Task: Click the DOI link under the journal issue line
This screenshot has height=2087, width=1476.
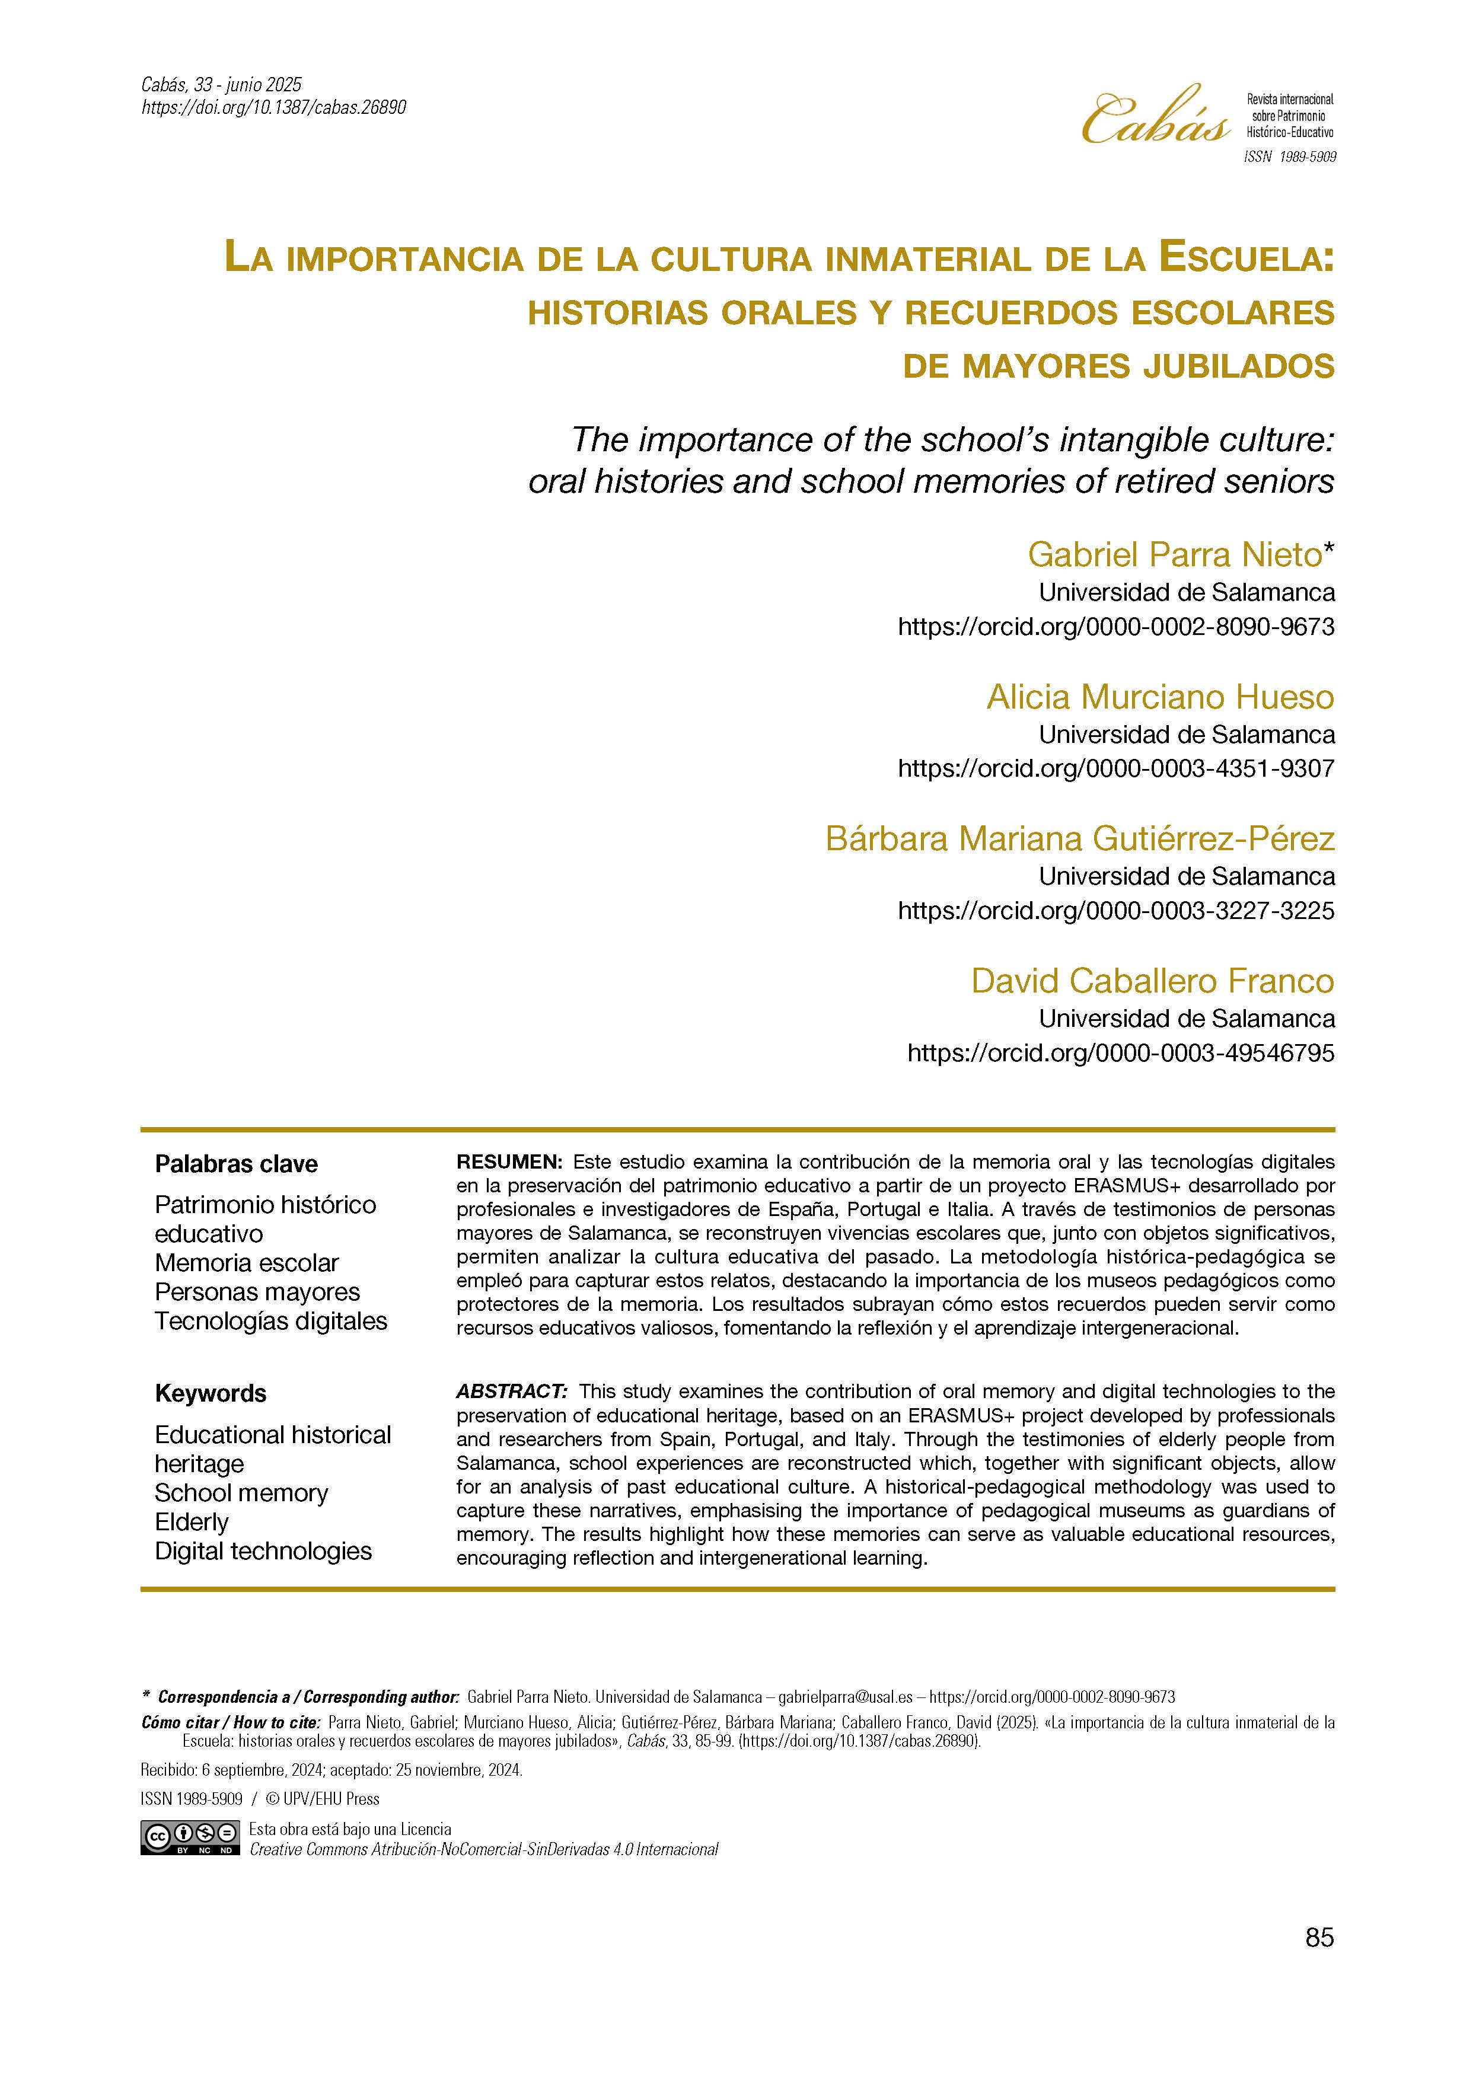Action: (273, 107)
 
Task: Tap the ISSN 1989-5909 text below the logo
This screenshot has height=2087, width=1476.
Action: (1289, 157)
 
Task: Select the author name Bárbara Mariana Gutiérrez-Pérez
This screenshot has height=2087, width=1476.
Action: (1080, 838)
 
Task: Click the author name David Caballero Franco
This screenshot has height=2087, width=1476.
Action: (1152, 980)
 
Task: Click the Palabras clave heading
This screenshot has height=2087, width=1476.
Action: (236, 1164)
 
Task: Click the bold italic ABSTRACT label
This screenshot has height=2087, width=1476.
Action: (512, 1392)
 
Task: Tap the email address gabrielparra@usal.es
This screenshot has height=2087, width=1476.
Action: (845, 1697)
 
